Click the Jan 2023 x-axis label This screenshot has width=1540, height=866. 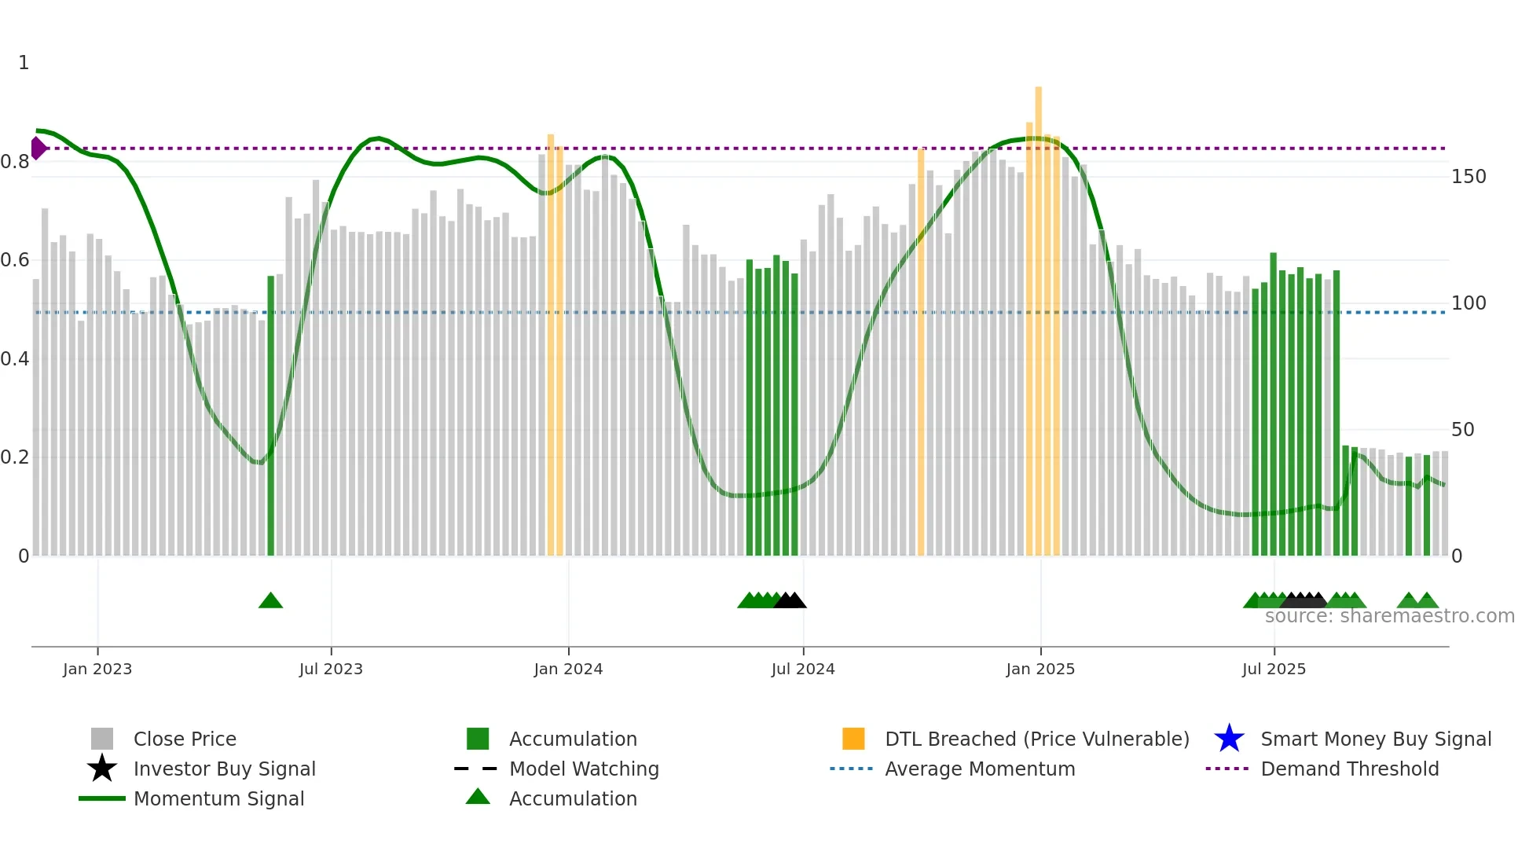pos(97,669)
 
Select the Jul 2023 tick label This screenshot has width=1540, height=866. pos(331,669)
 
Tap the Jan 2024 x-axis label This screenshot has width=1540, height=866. pos(568,669)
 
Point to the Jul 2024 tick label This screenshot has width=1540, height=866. pos(803,669)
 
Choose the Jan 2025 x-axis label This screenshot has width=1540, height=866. pos(1040,669)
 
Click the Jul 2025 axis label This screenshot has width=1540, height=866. pos(1274,669)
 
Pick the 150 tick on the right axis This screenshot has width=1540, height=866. pos(1468,177)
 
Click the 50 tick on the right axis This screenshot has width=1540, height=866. pos(1463,430)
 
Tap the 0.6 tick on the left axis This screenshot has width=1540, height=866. pos(15,260)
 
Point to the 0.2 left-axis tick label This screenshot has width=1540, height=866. pos(15,457)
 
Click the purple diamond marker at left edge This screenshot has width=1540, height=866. pos(38,148)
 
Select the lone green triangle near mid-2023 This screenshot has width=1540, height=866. pos(270,601)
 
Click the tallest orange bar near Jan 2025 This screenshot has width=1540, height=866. pos(1039,314)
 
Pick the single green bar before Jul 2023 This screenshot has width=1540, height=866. pos(271,416)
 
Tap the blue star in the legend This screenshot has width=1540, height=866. pos(1229,739)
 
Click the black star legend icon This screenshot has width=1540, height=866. pos(102,769)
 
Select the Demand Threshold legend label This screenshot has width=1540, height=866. pos(1349,769)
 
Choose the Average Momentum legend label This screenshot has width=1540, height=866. pos(980,769)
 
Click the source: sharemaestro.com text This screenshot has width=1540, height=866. pos(1389,616)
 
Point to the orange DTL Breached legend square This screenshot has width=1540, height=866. pos(853,739)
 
